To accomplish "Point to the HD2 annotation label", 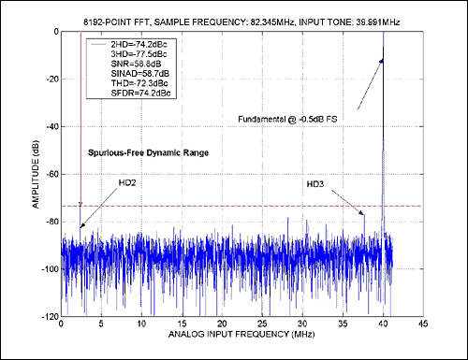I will [127, 181].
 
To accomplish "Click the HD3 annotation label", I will [317, 183].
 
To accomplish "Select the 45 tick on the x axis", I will [422, 325].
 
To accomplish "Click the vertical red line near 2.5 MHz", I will [81, 112].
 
